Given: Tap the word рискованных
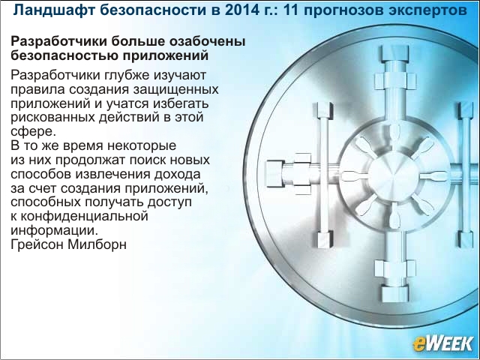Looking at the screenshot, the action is click(x=53, y=118).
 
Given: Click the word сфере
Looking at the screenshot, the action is click(x=34, y=132).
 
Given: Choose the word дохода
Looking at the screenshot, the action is click(x=177, y=174).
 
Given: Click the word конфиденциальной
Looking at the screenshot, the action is click(x=84, y=216).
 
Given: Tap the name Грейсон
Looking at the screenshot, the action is click(x=37, y=244).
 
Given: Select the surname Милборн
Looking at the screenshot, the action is click(x=97, y=244).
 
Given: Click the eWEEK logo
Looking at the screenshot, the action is click(x=442, y=343).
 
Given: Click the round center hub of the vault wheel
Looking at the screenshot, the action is click(x=393, y=176).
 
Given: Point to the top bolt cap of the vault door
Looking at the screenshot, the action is click(x=395, y=53).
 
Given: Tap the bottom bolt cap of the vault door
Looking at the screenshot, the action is click(x=395, y=294).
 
